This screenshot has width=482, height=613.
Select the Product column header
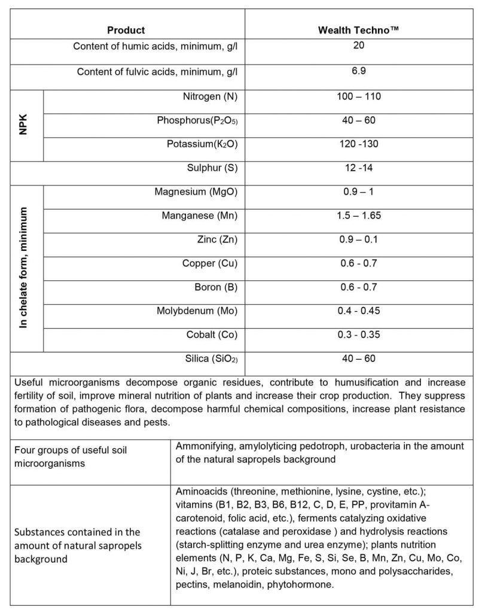click(126, 30)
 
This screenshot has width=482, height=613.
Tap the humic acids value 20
click(359, 45)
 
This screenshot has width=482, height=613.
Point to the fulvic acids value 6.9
click(359, 71)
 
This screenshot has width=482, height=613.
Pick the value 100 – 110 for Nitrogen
click(359, 96)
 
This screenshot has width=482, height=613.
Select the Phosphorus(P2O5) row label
click(197, 120)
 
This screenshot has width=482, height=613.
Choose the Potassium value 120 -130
click(358, 144)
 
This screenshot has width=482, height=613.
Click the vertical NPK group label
click(23, 126)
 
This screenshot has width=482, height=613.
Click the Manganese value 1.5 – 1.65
click(359, 216)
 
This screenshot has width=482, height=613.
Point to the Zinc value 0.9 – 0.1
click(359, 239)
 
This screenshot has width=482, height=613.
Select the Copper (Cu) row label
click(210, 263)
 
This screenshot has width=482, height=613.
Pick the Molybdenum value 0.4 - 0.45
click(359, 311)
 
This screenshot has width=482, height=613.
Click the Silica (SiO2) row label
click(208, 359)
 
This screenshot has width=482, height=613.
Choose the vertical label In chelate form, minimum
click(23, 268)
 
